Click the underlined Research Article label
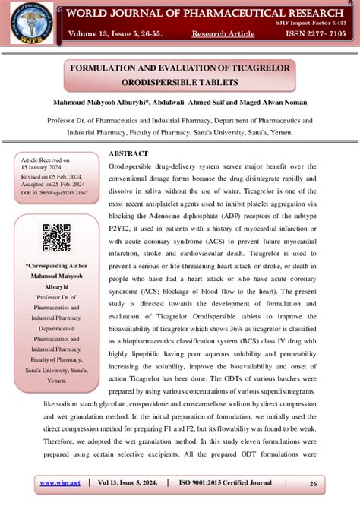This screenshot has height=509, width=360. pyautogui.click(x=223, y=34)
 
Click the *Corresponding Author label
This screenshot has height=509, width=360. pyautogui.click(x=55, y=267)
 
